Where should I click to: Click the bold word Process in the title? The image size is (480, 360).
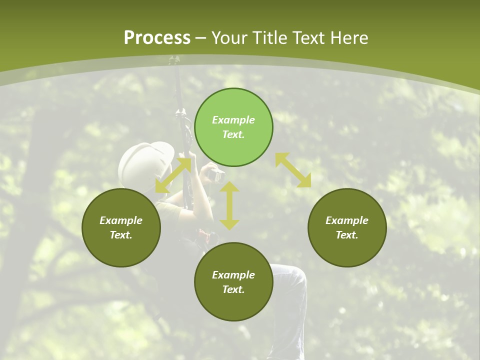point(157,38)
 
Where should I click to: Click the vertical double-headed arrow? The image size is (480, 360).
point(229,205)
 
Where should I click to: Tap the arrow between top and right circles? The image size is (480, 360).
point(293,170)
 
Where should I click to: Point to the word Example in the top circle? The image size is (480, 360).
point(233,120)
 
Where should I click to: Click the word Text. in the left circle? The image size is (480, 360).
point(121,235)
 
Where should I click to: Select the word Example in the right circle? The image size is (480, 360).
point(347,220)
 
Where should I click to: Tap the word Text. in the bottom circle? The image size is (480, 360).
point(233,289)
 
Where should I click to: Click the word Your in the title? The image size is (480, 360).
point(229,38)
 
